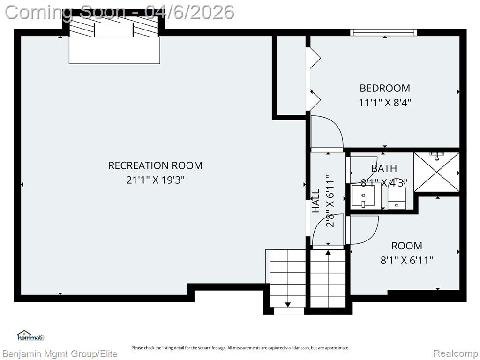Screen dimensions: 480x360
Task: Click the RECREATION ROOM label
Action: click(x=156, y=165)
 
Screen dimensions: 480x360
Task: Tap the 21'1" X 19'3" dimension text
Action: click(x=156, y=180)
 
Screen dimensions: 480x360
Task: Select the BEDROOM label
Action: click(x=385, y=88)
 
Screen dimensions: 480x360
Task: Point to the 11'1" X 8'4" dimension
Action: click(x=385, y=102)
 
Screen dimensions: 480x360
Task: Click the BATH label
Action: click(x=384, y=168)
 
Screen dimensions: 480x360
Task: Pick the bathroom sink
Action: click(x=363, y=195)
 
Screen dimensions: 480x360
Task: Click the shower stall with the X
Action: click(x=436, y=172)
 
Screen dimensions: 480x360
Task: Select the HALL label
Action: click(x=315, y=201)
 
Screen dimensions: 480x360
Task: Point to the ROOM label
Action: click(x=407, y=246)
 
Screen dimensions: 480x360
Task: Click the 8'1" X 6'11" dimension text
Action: click(x=407, y=260)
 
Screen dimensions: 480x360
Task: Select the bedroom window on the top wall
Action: click(x=384, y=32)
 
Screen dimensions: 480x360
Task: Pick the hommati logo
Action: click(x=30, y=336)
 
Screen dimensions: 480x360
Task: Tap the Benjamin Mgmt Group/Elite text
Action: click(x=60, y=354)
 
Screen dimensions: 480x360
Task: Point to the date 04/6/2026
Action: click(x=190, y=13)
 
